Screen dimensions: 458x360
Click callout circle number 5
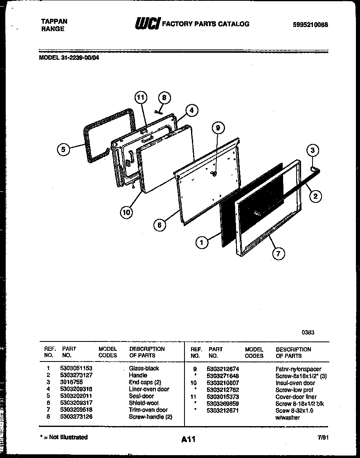[63, 149]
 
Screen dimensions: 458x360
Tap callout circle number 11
[140, 97]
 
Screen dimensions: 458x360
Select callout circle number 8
[164, 98]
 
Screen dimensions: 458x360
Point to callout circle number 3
[313, 150]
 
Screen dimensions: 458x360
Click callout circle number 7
[278, 254]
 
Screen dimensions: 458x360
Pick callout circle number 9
[218, 128]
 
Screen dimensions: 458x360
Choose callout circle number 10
[126, 211]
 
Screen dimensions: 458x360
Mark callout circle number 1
[201, 243]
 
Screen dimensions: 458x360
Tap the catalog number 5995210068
[310, 25]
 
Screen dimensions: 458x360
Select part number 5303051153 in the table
[79, 368]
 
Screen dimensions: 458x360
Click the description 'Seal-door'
[141, 396]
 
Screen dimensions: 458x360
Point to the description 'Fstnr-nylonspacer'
[298, 369]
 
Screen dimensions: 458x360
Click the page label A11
[188, 440]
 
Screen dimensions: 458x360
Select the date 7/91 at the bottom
[323, 437]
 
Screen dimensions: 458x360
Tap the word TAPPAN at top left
[54, 22]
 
